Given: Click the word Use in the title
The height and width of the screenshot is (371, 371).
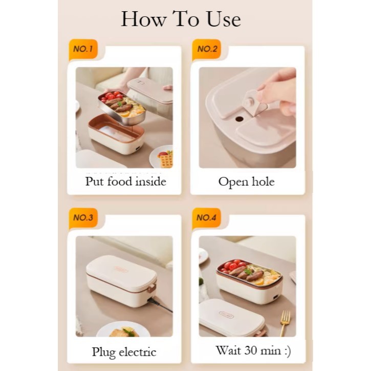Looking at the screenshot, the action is [224, 19].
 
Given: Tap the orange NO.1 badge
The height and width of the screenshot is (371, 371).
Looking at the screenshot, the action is [83, 49].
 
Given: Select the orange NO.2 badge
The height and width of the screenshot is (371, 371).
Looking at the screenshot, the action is [207, 49].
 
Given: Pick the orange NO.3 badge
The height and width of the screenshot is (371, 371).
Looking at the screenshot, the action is [83, 217].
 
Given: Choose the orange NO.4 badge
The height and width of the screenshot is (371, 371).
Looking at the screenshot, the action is [207, 217].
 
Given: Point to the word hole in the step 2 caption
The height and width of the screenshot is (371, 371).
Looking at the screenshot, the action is [263, 182].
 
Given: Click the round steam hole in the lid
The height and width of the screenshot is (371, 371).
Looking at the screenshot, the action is [239, 119].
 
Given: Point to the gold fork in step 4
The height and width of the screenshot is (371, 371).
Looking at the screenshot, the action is [285, 323].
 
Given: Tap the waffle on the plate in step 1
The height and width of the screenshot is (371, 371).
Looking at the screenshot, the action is [167, 160].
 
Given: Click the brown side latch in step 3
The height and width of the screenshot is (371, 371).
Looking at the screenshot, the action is [152, 289].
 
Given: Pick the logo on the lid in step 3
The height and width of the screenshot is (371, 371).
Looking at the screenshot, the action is [121, 269].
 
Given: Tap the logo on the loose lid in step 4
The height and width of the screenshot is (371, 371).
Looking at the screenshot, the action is [226, 314].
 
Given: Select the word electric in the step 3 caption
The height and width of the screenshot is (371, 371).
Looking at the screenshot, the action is [137, 352].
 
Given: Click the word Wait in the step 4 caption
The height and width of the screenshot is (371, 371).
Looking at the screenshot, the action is [228, 350].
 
